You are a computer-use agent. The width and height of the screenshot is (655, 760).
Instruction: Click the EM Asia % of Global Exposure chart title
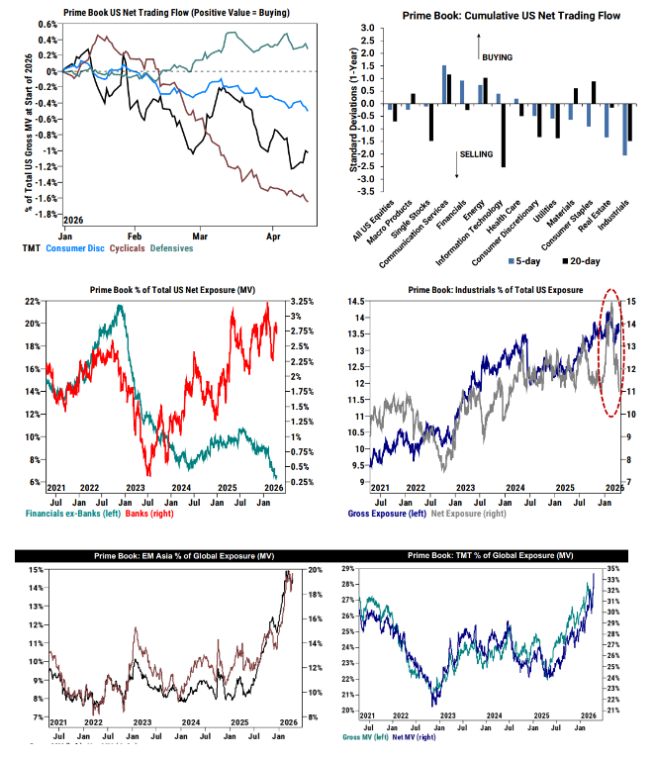point(162,558)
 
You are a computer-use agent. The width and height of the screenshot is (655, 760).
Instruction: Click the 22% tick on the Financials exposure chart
point(34,300)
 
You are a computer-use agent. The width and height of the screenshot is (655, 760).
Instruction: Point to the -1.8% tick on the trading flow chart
point(44,214)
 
